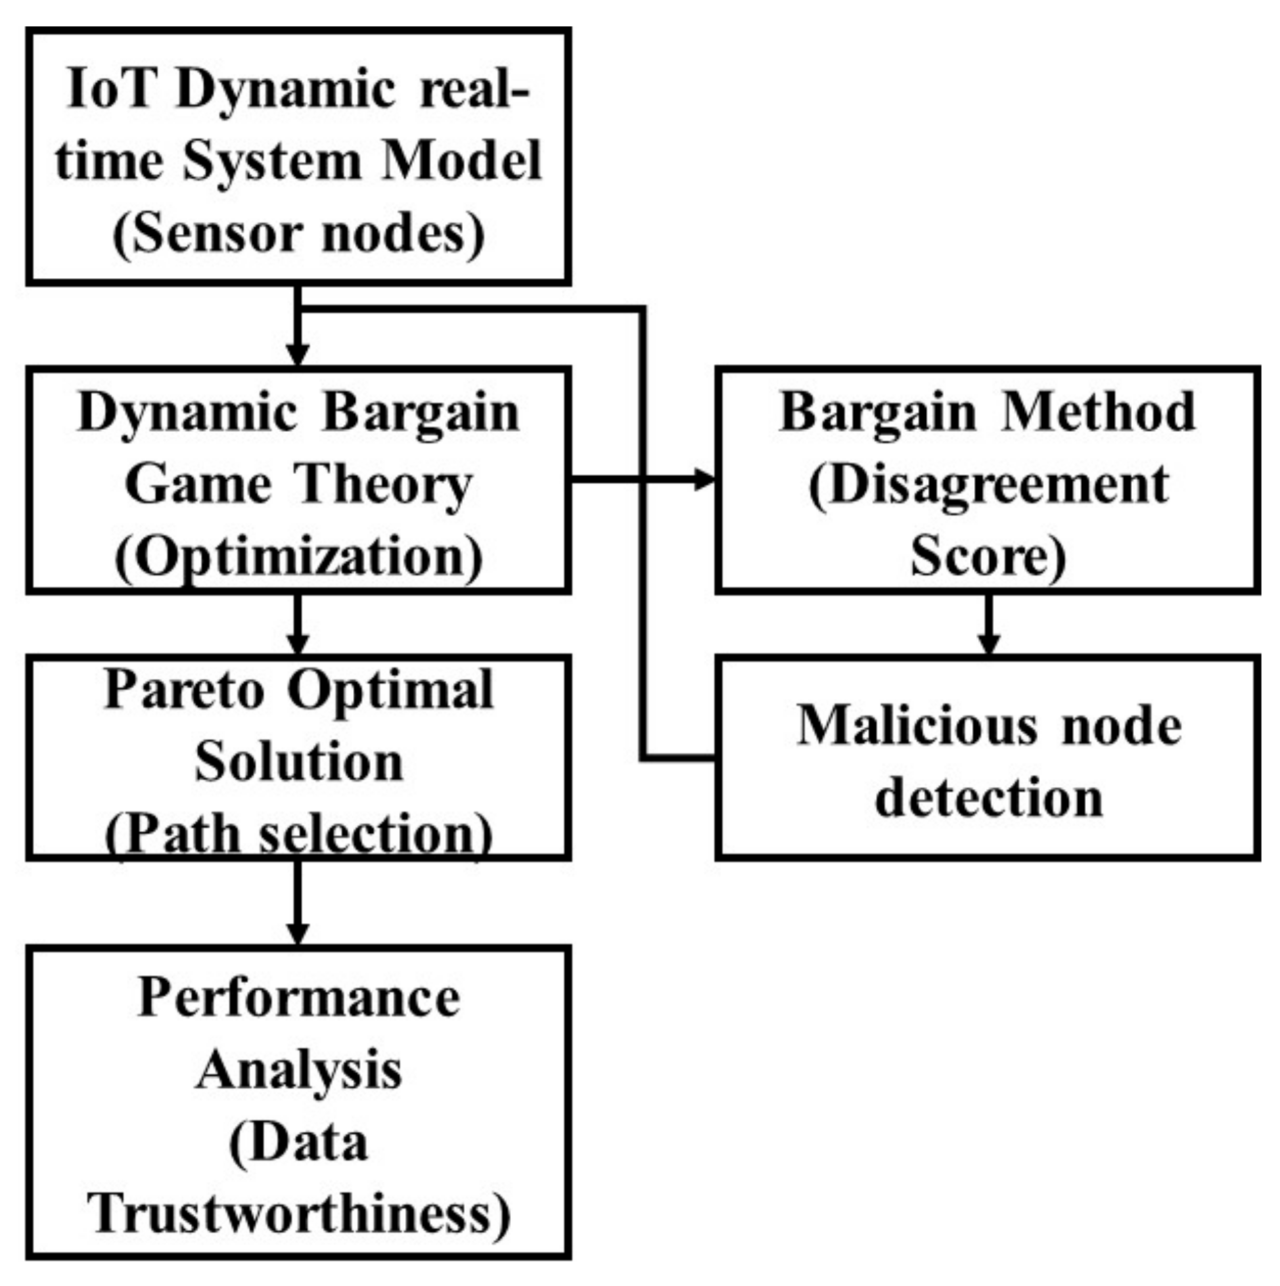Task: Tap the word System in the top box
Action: [x=272, y=162]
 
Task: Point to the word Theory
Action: [x=384, y=485]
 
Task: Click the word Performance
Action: [x=298, y=998]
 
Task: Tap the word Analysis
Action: [x=298, y=1071]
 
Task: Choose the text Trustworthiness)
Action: [x=298, y=1214]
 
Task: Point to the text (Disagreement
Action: [x=988, y=485]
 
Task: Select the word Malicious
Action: [x=917, y=726]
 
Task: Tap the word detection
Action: [x=988, y=799]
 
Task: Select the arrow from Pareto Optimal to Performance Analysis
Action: [x=298, y=903]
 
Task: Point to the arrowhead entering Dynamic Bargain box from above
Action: [x=298, y=354]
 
